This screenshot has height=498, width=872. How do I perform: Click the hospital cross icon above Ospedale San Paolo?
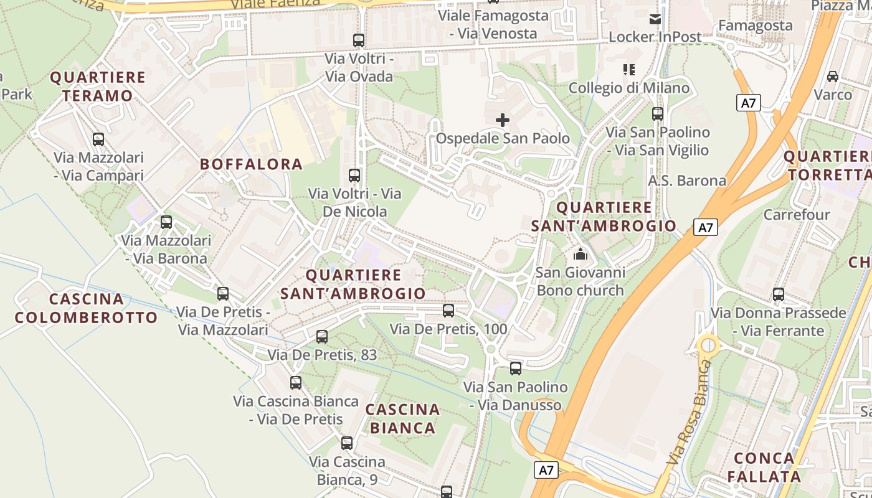point(503,120)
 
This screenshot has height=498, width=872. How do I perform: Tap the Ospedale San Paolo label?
point(503,138)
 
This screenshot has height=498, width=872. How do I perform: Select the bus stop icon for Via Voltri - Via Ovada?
point(358,40)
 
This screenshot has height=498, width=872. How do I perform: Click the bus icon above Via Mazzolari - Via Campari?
point(98,139)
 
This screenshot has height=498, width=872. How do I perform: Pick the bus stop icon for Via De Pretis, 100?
point(448,310)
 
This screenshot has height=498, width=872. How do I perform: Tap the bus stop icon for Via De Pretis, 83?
point(322,337)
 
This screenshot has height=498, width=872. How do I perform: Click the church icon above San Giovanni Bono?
point(581,254)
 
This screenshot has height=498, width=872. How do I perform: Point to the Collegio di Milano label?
point(629,88)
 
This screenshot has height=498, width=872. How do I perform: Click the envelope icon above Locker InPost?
point(655,19)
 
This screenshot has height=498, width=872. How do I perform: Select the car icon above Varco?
point(833,77)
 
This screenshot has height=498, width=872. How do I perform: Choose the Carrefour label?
point(797,215)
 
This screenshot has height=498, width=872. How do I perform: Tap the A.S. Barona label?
point(687,181)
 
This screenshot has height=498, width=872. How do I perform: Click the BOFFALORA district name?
point(251,164)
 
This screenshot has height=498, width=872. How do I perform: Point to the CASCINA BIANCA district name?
point(402,419)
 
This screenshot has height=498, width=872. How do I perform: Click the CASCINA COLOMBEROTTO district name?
point(86,308)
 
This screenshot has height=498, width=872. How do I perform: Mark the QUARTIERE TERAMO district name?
point(98,87)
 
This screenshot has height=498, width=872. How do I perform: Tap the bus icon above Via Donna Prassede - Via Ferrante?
point(779,294)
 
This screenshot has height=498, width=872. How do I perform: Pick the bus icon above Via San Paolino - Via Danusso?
point(516,369)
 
